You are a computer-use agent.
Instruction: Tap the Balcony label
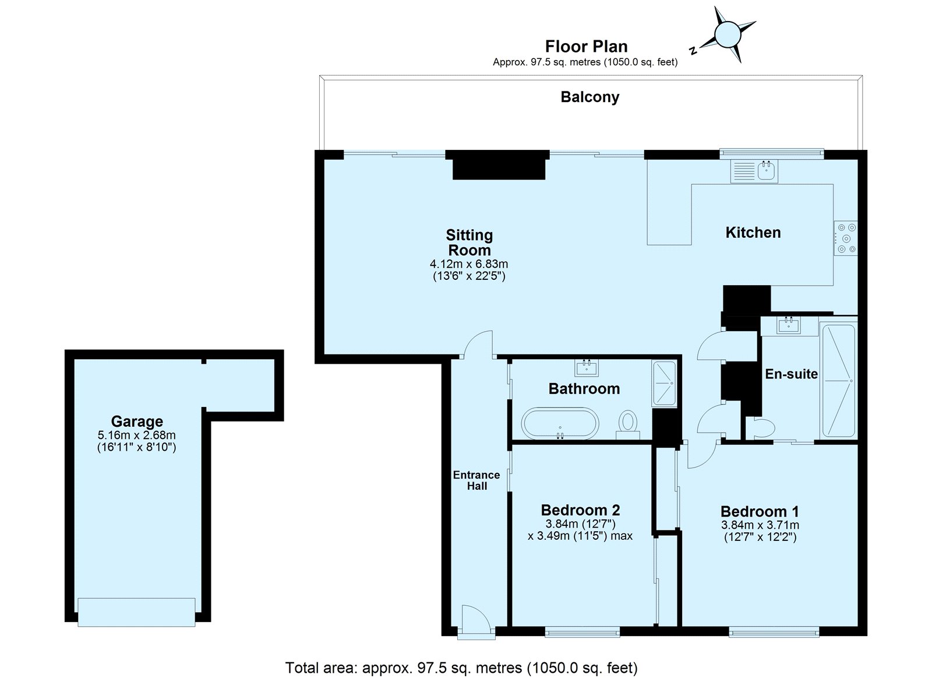coord(589,97)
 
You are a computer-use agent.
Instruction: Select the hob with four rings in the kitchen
coord(845,238)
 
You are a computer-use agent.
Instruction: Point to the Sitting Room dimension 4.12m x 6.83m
coord(469,264)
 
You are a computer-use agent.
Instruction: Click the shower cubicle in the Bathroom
coord(664,383)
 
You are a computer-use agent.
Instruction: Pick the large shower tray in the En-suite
coord(838,381)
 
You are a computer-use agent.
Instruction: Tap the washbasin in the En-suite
coord(789,325)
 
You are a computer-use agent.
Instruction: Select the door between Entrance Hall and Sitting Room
coord(479,344)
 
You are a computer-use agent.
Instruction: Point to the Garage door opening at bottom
coord(137,612)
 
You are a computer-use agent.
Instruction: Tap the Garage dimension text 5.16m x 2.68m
coord(137,435)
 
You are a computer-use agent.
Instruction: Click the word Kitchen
coord(753,233)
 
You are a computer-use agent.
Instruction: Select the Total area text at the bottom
coord(461,667)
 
